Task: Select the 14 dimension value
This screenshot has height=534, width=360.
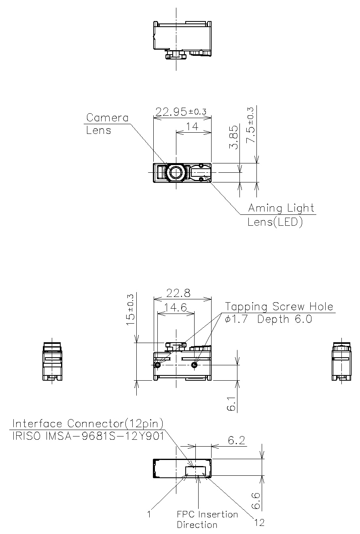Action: click(193, 127)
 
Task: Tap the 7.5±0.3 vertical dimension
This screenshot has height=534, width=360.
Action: click(251, 125)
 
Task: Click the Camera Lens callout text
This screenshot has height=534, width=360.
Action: click(107, 124)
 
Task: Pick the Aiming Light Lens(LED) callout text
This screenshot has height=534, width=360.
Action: click(281, 215)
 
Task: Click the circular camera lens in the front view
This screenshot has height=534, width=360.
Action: click(176, 173)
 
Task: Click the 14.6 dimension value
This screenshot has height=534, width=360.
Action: click(176, 307)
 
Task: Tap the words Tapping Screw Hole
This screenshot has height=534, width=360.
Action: click(280, 307)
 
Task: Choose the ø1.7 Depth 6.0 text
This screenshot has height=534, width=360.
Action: click(269, 319)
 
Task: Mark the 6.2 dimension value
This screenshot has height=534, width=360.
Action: click(237, 441)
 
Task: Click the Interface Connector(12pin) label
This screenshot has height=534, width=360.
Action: click(88, 424)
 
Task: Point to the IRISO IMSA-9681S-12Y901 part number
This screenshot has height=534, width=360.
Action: click(88, 437)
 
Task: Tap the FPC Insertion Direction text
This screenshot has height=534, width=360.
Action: click(207, 519)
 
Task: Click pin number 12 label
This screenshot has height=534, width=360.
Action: click(259, 523)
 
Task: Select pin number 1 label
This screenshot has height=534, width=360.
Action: click(149, 514)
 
